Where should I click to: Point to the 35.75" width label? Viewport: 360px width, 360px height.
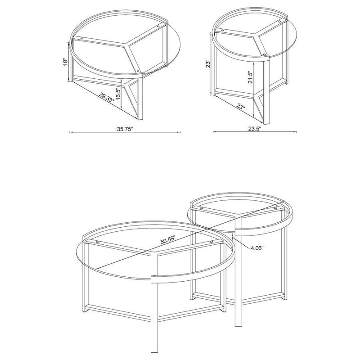(124, 129)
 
